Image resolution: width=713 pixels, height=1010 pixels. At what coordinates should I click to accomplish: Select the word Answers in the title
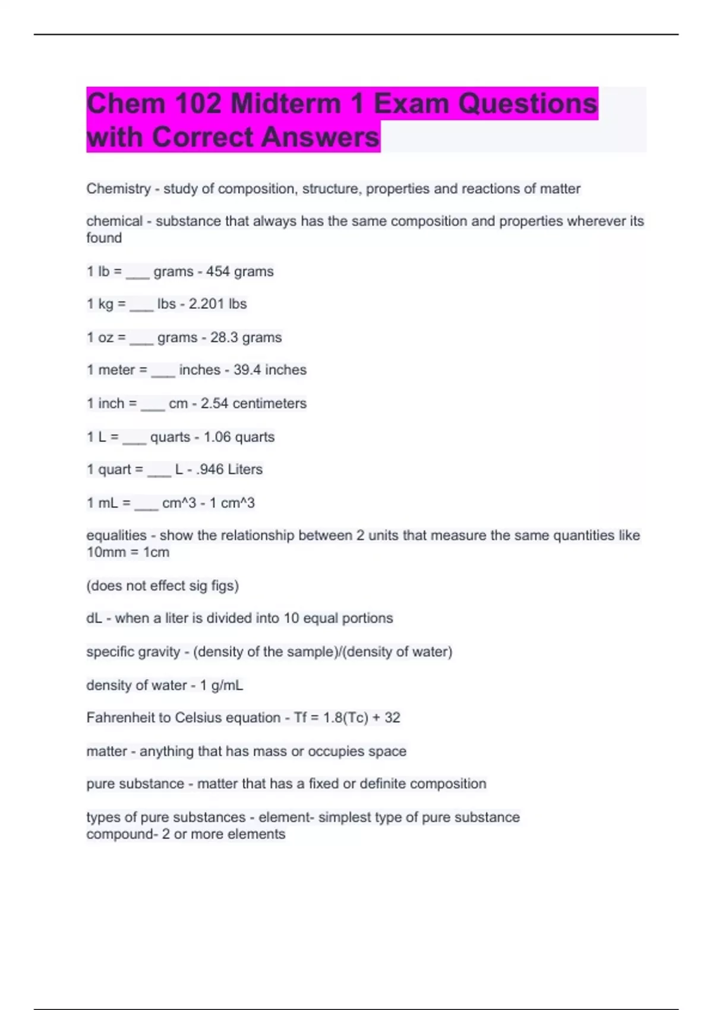click(320, 137)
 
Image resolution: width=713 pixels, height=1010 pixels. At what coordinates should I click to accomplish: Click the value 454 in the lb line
click(218, 272)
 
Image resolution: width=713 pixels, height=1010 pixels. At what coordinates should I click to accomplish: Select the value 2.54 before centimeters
click(214, 403)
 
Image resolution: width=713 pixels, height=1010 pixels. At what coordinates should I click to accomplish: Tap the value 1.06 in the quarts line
click(217, 437)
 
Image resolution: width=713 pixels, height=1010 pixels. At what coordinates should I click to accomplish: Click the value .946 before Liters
click(210, 469)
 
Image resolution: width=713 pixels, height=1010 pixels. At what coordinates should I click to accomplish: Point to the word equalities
click(116, 535)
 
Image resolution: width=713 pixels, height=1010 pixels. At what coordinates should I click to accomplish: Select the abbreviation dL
click(94, 618)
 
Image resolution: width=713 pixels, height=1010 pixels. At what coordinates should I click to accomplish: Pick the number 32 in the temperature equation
click(392, 718)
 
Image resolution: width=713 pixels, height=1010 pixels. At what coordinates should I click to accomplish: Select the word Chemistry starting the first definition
click(118, 189)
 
